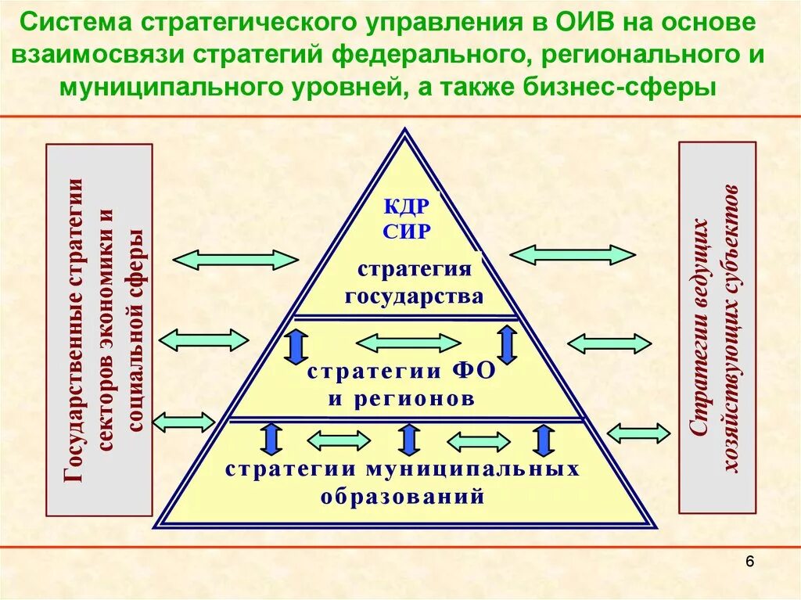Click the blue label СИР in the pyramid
coord(407,232)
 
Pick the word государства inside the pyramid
coord(414,297)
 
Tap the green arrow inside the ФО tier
coord(408,343)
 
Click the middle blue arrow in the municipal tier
coord(408,439)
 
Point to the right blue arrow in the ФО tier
coord(507,344)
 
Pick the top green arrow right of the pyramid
coord(572,254)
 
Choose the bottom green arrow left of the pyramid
coord(184,422)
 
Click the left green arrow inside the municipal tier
coord(339,440)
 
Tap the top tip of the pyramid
coord(404,131)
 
